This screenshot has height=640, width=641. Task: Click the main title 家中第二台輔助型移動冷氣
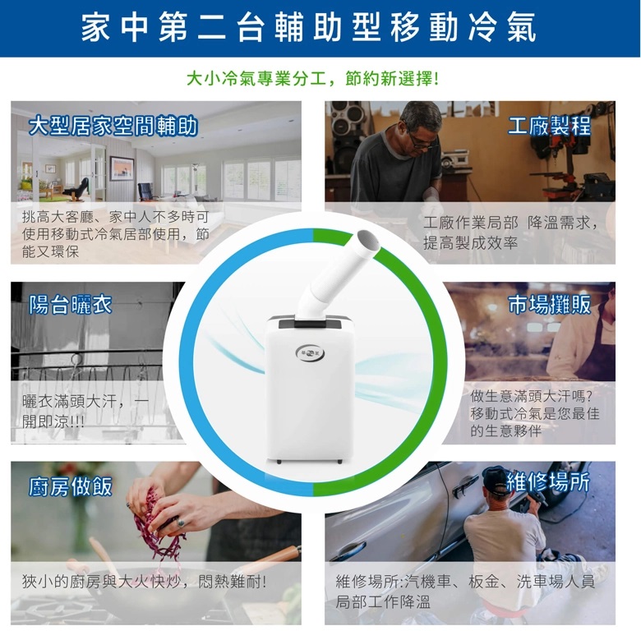click(x=309, y=27)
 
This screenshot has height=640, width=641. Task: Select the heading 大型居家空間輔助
click(x=113, y=126)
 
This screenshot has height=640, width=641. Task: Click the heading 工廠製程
click(x=550, y=126)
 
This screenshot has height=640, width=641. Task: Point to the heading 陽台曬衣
click(x=71, y=305)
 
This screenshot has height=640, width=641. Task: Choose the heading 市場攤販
click(x=550, y=305)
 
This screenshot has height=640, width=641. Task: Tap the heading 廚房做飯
click(x=71, y=486)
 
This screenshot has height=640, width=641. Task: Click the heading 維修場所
click(x=548, y=482)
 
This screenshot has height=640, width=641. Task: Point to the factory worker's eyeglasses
click(x=421, y=140)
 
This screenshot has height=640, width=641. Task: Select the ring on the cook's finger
click(x=180, y=523)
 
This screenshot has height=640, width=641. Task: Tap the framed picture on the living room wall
click(x=122, y=168)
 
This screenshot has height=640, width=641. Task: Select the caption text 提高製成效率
click(x=470, y=243)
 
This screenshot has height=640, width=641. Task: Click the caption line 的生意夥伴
click(x=505, y=431)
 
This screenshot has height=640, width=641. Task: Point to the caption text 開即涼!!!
click(x=53, y=421)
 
